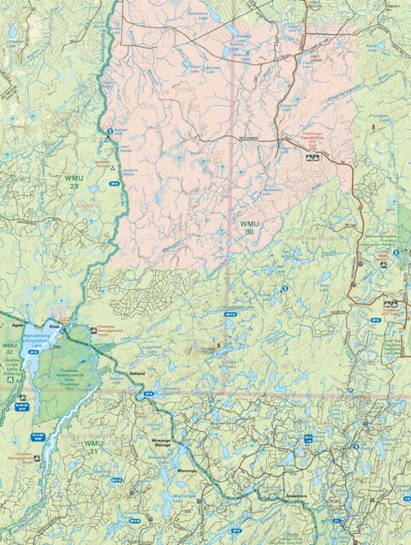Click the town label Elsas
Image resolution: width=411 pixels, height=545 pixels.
click(x=55, y=326)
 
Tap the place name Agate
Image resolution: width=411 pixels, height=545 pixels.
click(x=15, y=326)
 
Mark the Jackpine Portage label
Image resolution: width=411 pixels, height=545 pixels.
click(x=102, y=163)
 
